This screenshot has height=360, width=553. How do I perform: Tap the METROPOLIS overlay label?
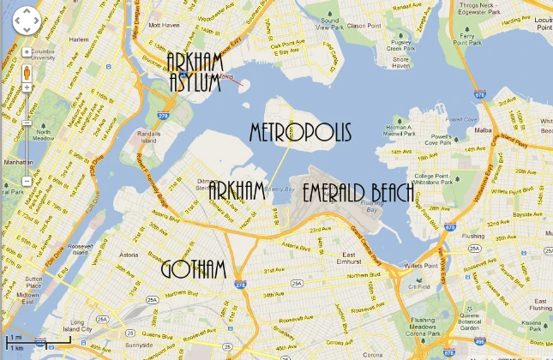(x=300, y=132)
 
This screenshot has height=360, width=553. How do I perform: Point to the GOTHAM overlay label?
(x=198, y=268)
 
